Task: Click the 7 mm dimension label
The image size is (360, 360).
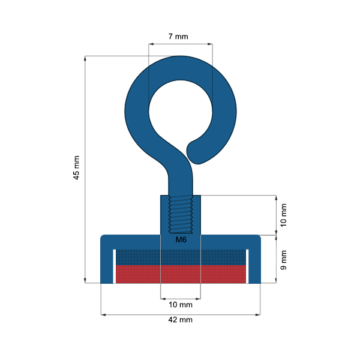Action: point(178,37)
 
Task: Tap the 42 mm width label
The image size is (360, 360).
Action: point(180,320)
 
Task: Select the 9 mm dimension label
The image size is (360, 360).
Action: point(284,259)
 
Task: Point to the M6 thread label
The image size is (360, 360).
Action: point(181,240)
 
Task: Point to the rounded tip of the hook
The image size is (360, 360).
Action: point(197,152)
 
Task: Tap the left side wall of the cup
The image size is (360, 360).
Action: point(107,264)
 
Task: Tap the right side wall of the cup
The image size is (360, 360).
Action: point(254,264)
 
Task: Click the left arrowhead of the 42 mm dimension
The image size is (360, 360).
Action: point(103,314)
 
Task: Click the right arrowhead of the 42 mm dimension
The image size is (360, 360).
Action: point(258,314)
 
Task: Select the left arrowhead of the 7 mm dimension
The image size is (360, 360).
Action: point(151,44)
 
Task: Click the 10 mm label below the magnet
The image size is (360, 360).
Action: point(181,305)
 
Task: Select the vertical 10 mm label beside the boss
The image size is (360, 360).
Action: point(284,215)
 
